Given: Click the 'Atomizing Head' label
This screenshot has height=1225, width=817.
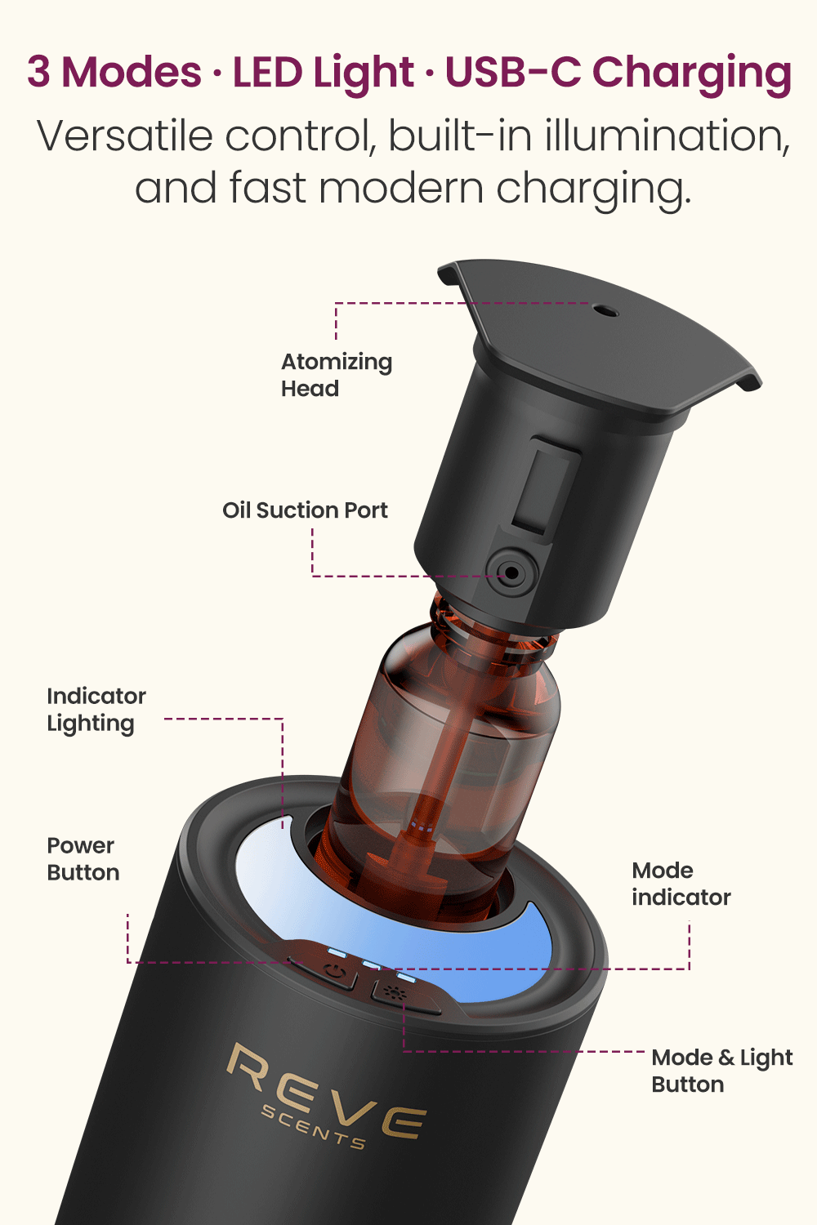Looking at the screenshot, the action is [x=337, y=375].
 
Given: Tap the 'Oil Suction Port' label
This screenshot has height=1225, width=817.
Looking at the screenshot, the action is [x=305, y=510].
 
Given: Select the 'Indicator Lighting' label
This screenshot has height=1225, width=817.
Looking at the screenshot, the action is [x=96, y=710].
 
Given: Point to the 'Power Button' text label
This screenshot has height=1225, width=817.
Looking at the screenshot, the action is [x=83, y=858].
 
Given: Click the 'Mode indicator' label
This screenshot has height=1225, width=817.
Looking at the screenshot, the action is [x=681, y=884].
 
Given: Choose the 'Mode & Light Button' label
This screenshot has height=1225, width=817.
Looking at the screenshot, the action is [x=721, y=1071].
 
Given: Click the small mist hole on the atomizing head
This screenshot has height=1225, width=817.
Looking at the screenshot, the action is [x=605, y=311].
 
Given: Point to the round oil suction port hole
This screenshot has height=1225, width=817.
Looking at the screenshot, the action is [x=511, y=572].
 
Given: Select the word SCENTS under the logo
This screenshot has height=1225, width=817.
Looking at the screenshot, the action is [x=313, y=1128].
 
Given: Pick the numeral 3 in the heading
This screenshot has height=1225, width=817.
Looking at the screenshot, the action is [x=39, y=72].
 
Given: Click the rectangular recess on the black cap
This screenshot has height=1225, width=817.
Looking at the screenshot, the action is [x=546, y=485].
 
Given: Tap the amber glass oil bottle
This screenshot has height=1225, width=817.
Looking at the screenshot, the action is [x=438, y=766].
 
